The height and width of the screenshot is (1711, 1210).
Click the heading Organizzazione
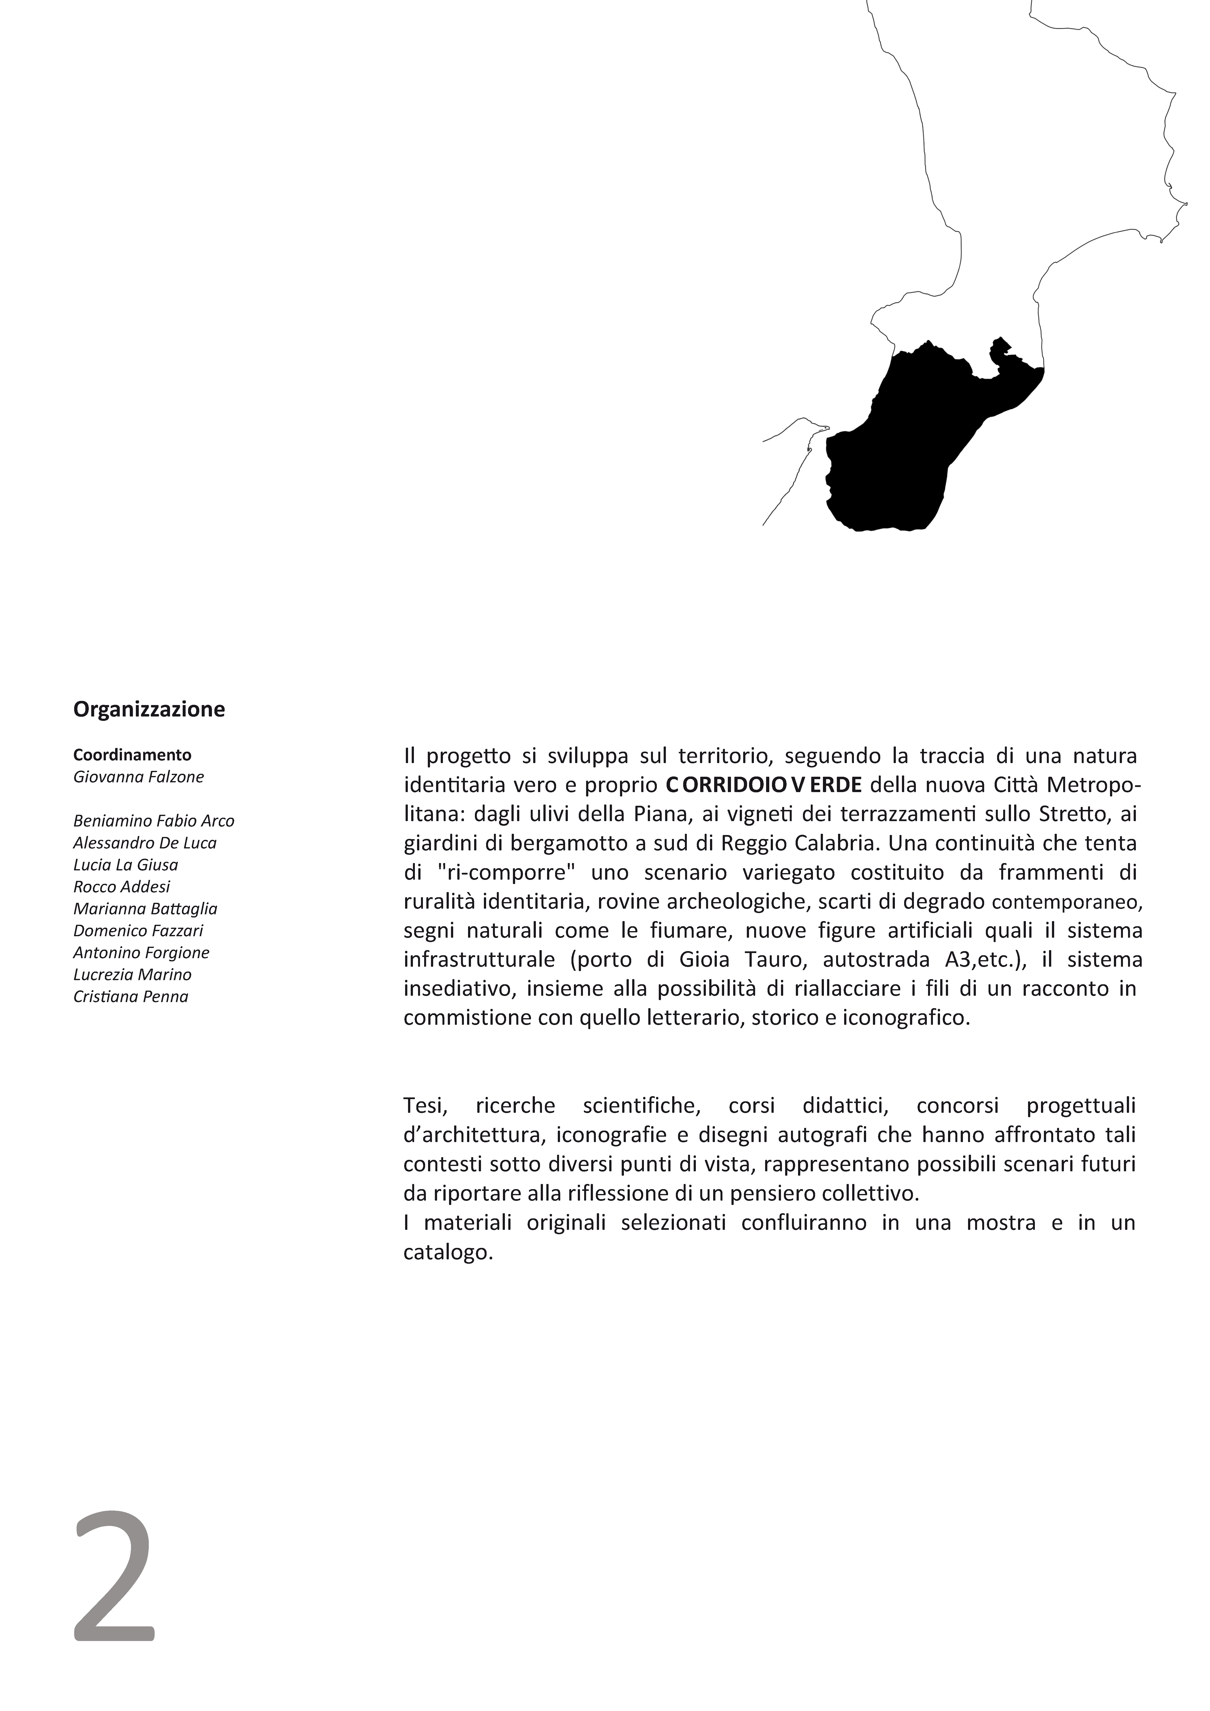coord(149,709)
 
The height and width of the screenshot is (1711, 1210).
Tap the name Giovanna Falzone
coord(139,777)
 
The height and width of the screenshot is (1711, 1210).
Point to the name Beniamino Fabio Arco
coord(154,821)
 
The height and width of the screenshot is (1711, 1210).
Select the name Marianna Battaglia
coord(145,909)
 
